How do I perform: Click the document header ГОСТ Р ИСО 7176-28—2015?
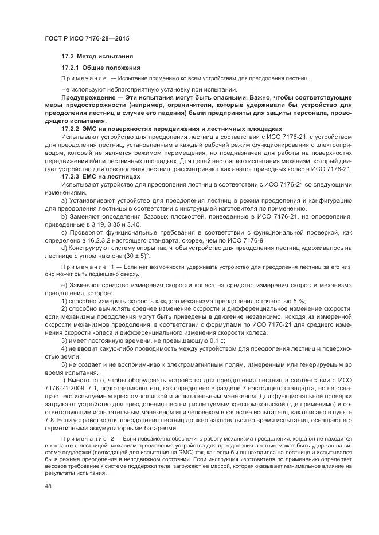coord(87,38)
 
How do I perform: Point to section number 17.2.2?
coord(72,130)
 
